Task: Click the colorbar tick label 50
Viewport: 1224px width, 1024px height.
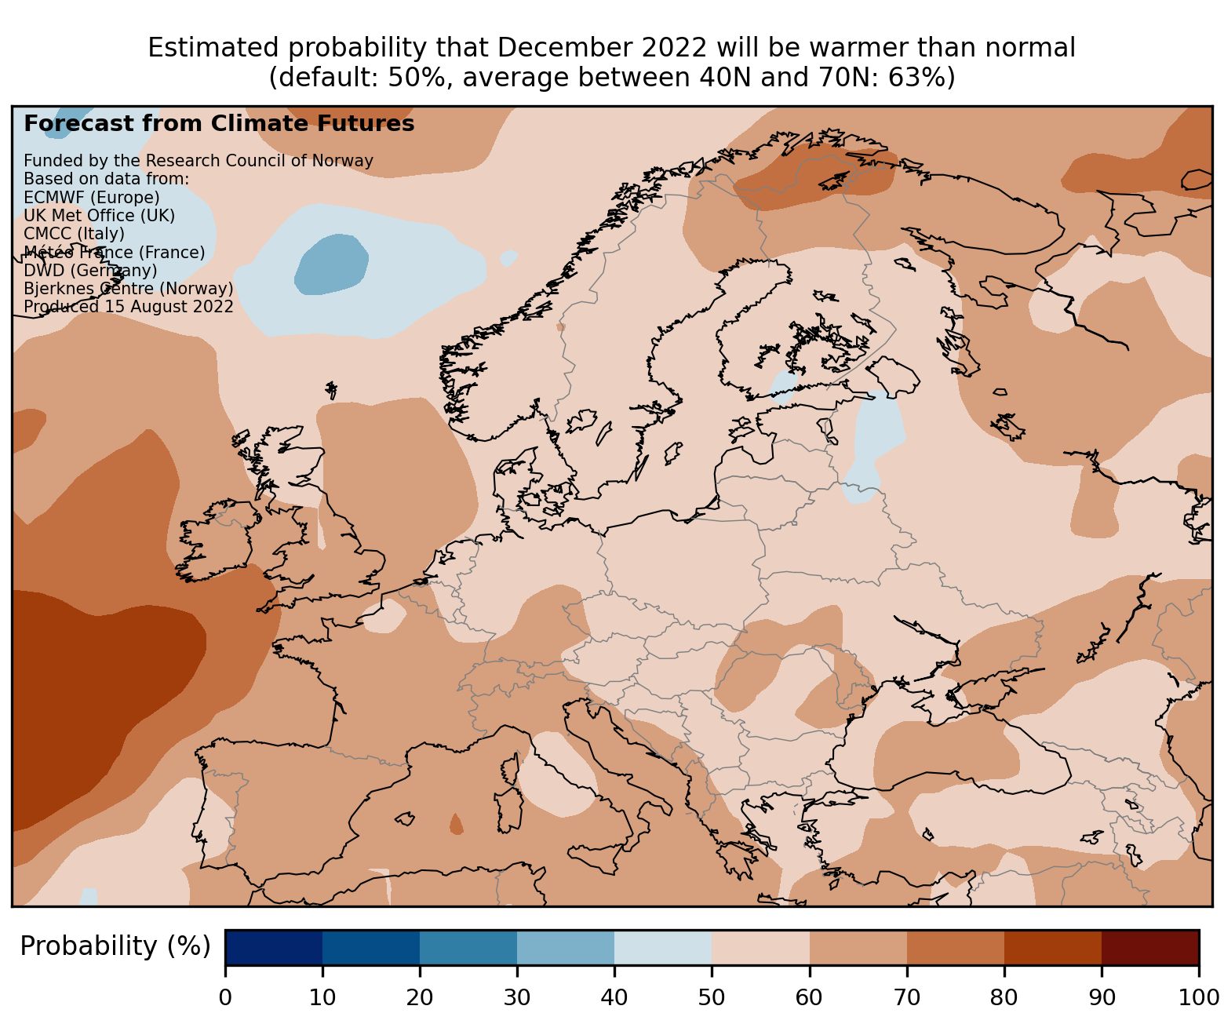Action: tap(712, 997)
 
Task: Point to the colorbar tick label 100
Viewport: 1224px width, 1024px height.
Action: tap(1199, 997)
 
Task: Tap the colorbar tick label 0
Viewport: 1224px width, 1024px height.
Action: tap(226, 997)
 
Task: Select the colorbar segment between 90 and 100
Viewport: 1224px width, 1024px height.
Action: tap(1150, 947)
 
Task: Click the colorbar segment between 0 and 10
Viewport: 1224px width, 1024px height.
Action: tap(274, 947)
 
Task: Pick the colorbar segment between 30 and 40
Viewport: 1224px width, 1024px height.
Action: tap(566, 947)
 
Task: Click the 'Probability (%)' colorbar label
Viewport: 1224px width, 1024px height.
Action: tap(115, 947)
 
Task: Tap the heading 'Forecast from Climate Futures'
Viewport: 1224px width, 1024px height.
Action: tap(219, 124)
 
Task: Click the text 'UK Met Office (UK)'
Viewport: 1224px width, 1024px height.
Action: tap(100, 216)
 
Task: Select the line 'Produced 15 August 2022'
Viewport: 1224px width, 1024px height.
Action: tap(129, 307)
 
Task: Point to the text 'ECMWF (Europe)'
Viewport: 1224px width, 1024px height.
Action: tap(92, 197)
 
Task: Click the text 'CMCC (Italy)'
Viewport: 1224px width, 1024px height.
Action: tap(74, 234)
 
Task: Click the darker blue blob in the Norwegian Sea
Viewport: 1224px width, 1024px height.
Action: tap(331, 264)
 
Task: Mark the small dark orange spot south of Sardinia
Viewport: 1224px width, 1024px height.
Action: tap(456, 825)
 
